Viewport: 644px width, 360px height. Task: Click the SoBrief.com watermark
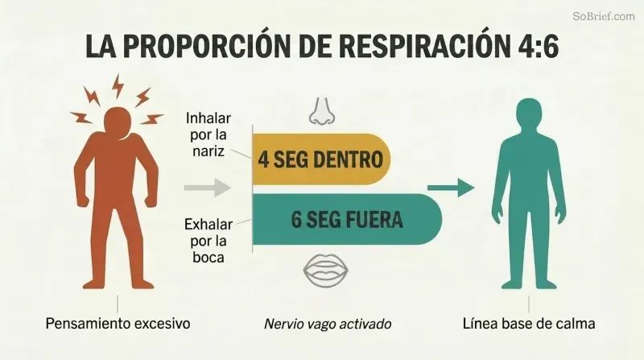[604, 16]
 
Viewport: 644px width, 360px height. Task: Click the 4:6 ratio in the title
[536, 46]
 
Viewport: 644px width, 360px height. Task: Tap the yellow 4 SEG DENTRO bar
[321, 159]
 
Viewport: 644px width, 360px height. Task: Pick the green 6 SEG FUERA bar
[347, 219]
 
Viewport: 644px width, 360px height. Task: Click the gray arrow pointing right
[208, 188]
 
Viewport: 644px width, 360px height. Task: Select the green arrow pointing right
[451, 188]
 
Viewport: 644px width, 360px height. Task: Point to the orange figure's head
[118, 122]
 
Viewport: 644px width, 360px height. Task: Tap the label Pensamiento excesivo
[118, 324]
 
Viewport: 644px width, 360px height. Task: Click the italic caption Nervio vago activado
[328, 324]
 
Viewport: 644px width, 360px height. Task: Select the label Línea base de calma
[529, 324]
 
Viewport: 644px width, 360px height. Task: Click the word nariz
[208, 151]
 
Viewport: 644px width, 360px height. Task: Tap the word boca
[208, 257]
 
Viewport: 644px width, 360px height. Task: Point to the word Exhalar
[208, 225]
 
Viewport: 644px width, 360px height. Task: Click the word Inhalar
[208, 118]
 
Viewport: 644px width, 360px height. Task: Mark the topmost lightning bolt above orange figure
[118, 86]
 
